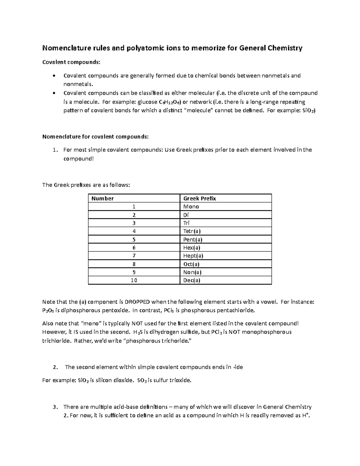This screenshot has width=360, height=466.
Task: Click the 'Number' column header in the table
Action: pos(103,198)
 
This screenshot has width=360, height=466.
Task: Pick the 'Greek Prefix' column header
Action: pos(199,198)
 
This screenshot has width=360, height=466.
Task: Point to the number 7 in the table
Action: pos(134,256)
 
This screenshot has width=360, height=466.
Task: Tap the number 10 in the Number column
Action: pos(134,280)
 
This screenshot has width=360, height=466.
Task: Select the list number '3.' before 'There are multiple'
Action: pos(55,407)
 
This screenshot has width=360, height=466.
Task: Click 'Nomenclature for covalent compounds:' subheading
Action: pos(95,137)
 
